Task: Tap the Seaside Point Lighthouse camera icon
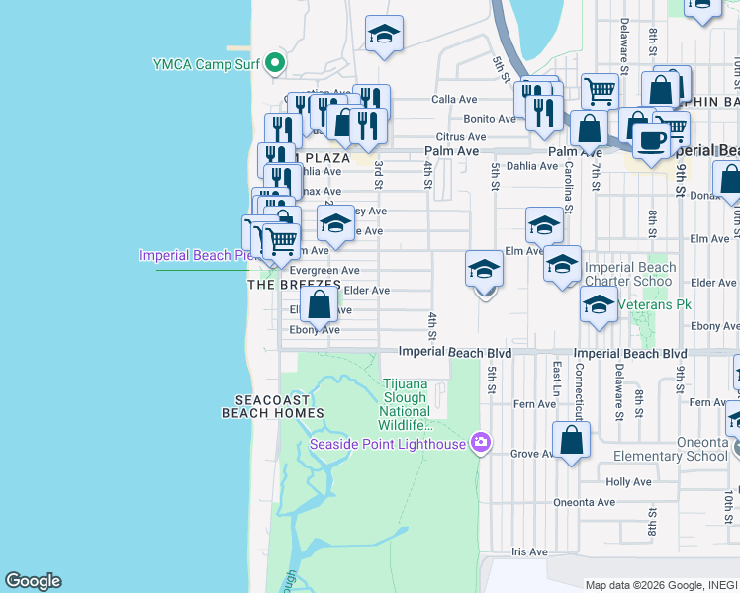pyautogui.click(x=481, y=442)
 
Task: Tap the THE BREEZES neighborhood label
pyautogui.click(x=293, y=285)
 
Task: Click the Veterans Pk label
pyautogui.click(x=654, y=304)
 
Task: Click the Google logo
pyautogui.click(x=33, y=581)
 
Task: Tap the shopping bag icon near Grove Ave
pyautogui.click(x=571, y=440)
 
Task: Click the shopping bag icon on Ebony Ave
pyautogui.click(x=320, y=304)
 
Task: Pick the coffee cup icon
pyautogui.click(x=651, y=141)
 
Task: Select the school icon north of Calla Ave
pyautogui.click(x=384, y=36)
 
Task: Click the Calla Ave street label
pyautogui.click(x=455, y=100)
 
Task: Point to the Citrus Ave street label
pyautogui.click(x=461, y=137)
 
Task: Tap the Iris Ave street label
pyautogui.click(x=530, y=552)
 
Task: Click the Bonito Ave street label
pyautogui.click(x=493, y=119)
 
